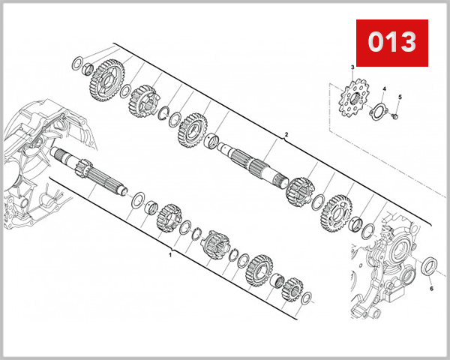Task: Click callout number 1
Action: (x=170, y=255)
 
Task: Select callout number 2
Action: (x=286, y=136)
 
